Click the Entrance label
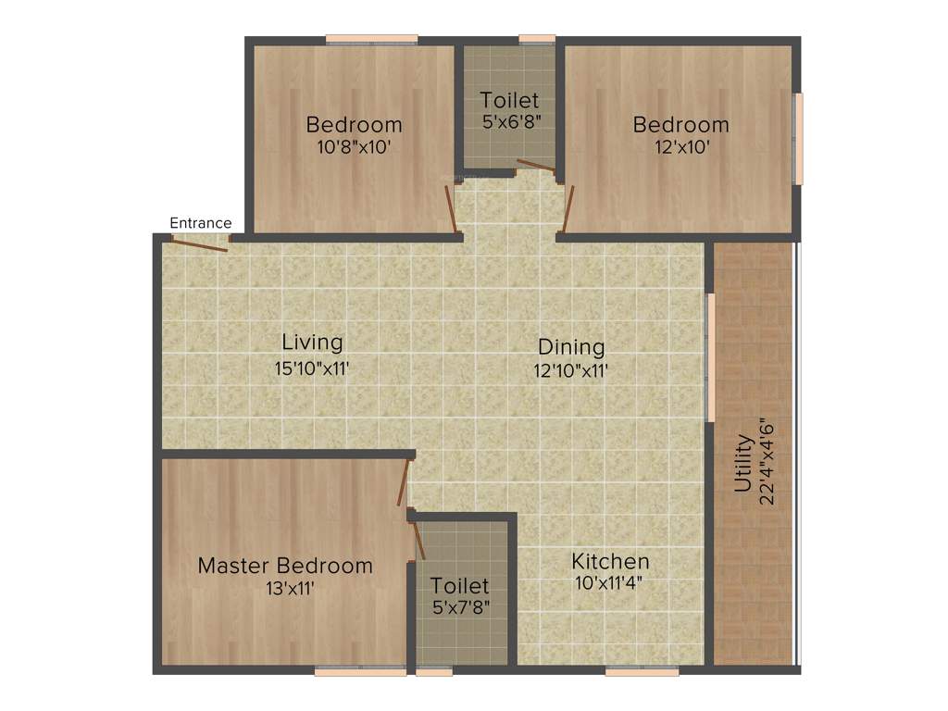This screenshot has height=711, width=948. pyautogui.click(x=200, y=223)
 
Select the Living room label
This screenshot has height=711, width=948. pyautogui.click(x=312, y=343)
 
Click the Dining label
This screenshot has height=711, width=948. pyautogui.click(x=571, y=347)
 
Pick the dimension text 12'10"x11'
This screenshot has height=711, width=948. pyautogui.click(x=571, y=371)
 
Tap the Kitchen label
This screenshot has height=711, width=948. pyautogui.click(x=610, y=561)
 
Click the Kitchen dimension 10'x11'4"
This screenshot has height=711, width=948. pyautogui.click(x=608, y=583)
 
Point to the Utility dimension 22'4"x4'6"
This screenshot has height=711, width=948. pyautogui.click(x=766, y=463)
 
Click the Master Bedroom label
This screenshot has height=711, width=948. pyautogui.click(x=285, y=566)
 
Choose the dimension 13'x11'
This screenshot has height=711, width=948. pyautogui.click(x=286, y=588)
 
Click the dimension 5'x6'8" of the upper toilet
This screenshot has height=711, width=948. pyautogui.click(x=509, y=121)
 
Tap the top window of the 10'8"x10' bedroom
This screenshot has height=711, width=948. pyautogui.click(x=371, y=40)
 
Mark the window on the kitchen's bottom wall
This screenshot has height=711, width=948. pyautogui.click(x=642, y=672)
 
